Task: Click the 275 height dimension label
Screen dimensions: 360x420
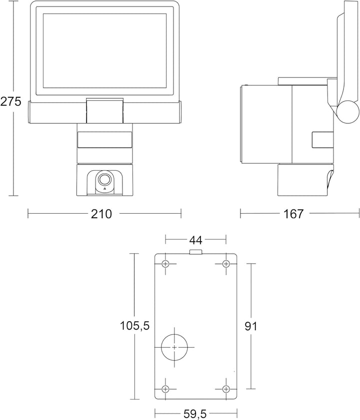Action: pos(10,102)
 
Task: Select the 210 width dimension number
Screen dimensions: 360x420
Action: pos(101,214)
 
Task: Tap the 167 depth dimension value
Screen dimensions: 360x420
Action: pos(293,214)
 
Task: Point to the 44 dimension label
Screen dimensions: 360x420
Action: pos(196,240)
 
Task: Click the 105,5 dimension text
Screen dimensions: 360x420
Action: pos(134,326)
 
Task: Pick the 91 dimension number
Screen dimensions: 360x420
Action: pos(251,326)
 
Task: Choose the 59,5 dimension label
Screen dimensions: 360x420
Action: pos(195,415)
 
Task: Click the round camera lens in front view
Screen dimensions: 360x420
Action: pos(104,179)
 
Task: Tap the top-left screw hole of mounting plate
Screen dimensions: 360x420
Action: pos(165,264)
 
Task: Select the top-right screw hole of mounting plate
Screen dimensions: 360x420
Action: pos(226,264)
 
